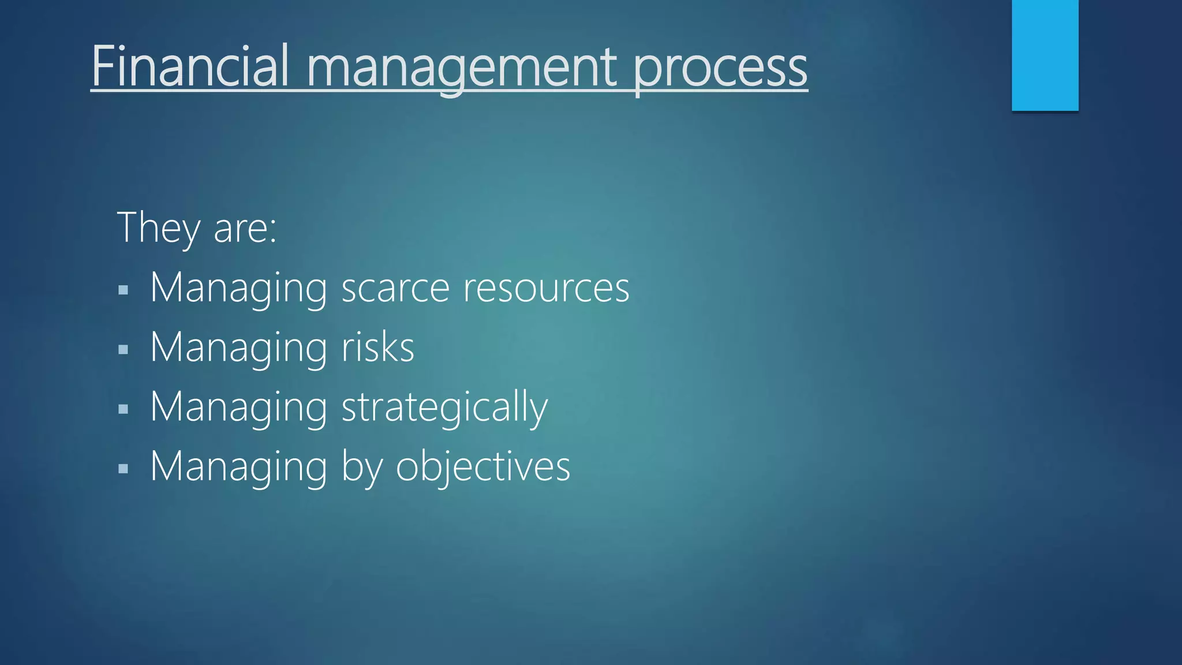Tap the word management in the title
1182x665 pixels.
coord(461,68)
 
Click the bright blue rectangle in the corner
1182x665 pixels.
coord(1045,55)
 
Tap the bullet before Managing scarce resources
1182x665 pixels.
coord(123,290)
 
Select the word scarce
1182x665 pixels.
coord(395,288)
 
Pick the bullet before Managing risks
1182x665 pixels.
coord(123,349)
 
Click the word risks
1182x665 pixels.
coord(378,348)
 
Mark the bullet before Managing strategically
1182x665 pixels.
coord(123,409)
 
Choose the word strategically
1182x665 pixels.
coord(444,408)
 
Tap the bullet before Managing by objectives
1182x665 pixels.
coord(123,469)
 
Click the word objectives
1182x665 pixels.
coord(483,466)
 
